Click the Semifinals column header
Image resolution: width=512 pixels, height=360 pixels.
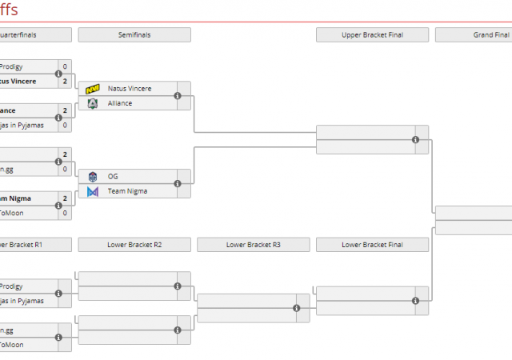click(134, 35)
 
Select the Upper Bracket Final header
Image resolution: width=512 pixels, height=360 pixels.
click(372, 35)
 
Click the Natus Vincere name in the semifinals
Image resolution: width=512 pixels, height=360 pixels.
click(130, 88)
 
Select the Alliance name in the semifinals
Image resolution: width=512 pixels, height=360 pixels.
click(120, 103)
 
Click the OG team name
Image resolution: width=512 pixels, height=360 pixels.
click(113, 176)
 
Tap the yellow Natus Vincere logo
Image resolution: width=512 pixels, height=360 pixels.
click(93, 88)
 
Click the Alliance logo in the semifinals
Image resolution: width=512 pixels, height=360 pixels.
click(93, 103)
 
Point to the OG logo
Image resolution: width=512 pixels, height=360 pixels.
click(93, 176)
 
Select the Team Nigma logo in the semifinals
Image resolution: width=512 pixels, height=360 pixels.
click(93, 191)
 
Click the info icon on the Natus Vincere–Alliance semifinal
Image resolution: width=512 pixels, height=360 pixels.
click(178, 96)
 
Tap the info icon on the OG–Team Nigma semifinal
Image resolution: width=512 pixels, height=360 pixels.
click(178, 184)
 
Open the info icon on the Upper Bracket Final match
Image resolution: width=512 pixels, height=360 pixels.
click(415, 140)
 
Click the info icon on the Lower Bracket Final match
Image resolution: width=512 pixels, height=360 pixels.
click(415, 301)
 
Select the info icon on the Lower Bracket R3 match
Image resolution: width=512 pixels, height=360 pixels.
click(296, 308)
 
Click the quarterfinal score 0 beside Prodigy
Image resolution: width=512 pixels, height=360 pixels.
click(65, 66)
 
